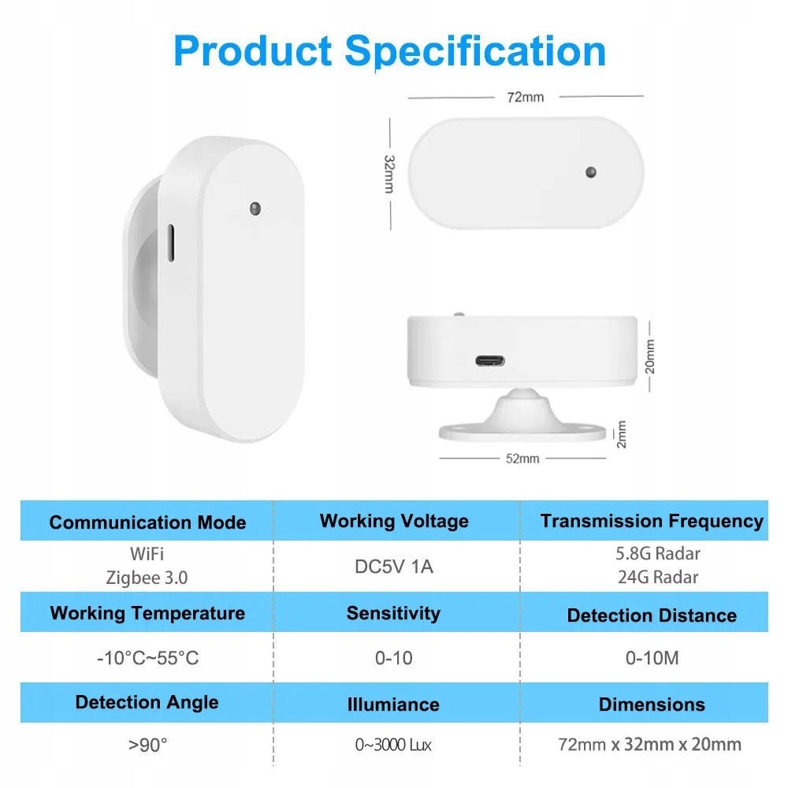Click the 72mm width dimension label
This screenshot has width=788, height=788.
tap(525, 97)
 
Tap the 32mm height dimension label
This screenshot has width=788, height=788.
tap(389, 174)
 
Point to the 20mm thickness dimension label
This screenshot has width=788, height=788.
tap(650, 357)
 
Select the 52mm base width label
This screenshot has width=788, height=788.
tap(522, 459)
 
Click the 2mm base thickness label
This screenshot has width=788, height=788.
tap(622, 434)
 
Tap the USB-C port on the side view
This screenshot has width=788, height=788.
tap(490, 361)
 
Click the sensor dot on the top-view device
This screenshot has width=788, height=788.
tap(591, 173)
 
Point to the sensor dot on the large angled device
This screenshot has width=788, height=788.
tap(255, 209)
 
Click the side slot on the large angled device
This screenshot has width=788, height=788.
tap(171, 243)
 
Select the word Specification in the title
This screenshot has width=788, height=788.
tap(475, 52)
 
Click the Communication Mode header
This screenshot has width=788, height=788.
tap(148, 522)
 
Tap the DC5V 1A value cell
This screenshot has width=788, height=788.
tap(394, 567)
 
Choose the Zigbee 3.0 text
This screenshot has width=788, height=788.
tap(147, 578)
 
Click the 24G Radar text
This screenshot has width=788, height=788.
tap(658, 577)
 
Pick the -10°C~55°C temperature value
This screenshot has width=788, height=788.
tap(148, 658)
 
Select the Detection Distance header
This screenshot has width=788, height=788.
tap(652, 615)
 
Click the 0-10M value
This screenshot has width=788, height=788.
tap(652, 658)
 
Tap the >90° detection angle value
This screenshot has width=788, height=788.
tap(148, 745)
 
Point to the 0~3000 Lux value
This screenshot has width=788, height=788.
tap(393, 745)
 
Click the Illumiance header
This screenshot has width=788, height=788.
tap(393, 704)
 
